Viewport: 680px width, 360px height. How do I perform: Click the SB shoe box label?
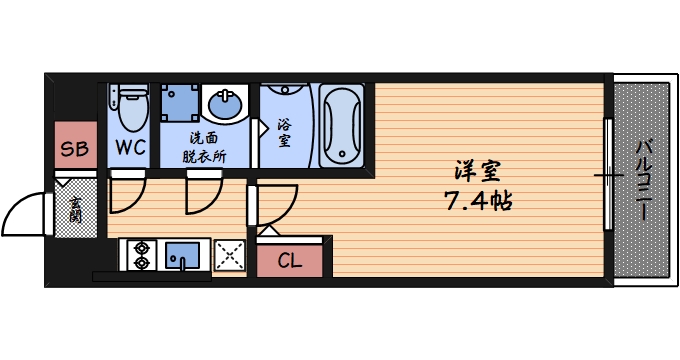(74, 150)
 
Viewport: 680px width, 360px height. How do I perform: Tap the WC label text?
(130, 149)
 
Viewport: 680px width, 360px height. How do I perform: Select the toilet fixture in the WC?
(130, 108)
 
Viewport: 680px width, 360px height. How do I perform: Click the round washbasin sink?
(226, 104)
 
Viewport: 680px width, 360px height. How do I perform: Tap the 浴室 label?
(283, 133)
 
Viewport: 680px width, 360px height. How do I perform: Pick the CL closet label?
(290, 262)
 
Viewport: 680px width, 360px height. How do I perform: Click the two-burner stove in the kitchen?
(139, 255)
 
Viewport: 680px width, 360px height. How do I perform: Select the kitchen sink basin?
(182, 255)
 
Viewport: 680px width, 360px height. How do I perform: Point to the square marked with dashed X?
(230, 256)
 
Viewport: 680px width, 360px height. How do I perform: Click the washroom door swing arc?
(203, 196)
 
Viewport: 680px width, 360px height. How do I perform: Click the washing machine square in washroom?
(180, 102)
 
